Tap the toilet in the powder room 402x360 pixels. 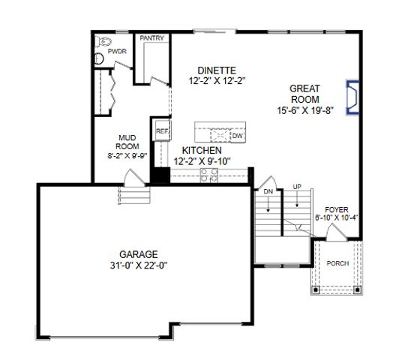tap(100, 50)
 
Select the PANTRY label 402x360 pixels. tap(151, 38)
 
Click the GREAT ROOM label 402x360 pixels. tap(304, 93)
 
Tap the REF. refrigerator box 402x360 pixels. tap(162, 131)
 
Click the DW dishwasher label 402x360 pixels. tap(236, 136)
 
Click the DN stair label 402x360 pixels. tap(268, 190)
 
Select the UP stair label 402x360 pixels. tap(297, 187)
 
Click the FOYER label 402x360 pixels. tap(337, 209)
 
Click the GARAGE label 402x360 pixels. tap(138, 253)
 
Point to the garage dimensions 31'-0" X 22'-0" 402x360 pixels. tap(138, 265)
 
